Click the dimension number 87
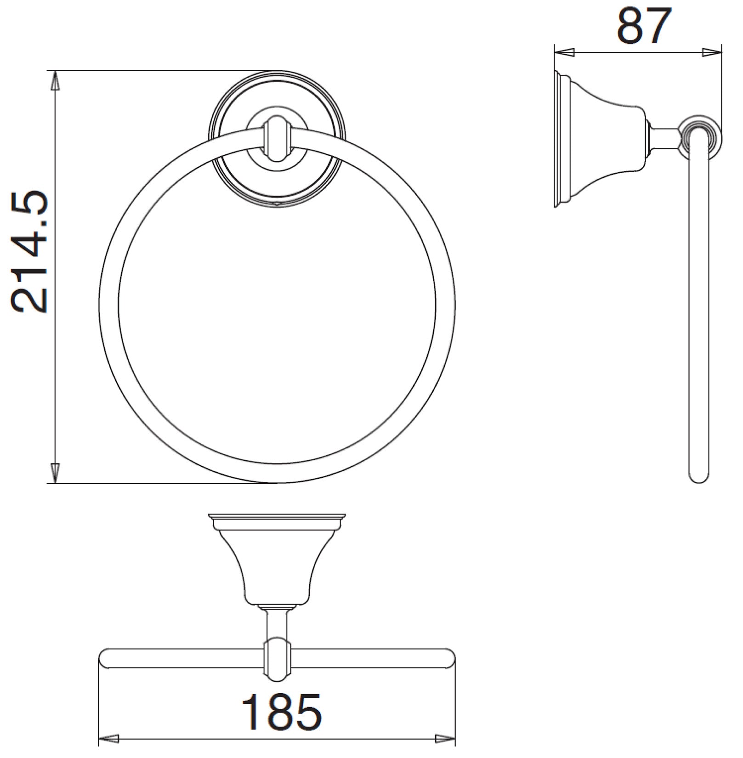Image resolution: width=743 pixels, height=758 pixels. pyautogui.click(x=644, y=25)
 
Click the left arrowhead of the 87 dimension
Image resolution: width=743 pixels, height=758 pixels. pyautogui.click(x=565, y=52)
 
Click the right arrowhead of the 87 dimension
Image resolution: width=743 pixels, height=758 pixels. pyautogui.click(x=711, y=52)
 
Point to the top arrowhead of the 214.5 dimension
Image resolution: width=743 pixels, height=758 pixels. pyautogui.click(x=55, y=81)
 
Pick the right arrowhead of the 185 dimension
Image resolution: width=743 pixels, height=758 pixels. pyautogui.click(x=445, y=752)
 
